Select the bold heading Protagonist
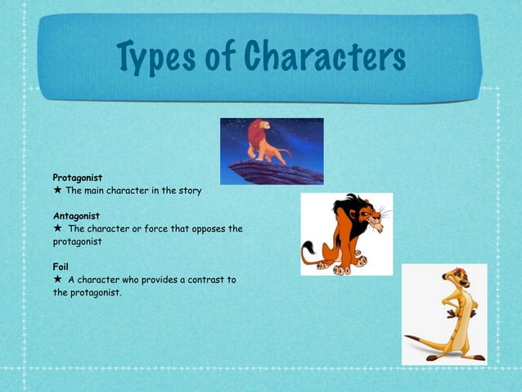[78, 177]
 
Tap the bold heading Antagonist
[77, 216]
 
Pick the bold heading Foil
[61, 267]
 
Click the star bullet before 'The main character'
[57, 191]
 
